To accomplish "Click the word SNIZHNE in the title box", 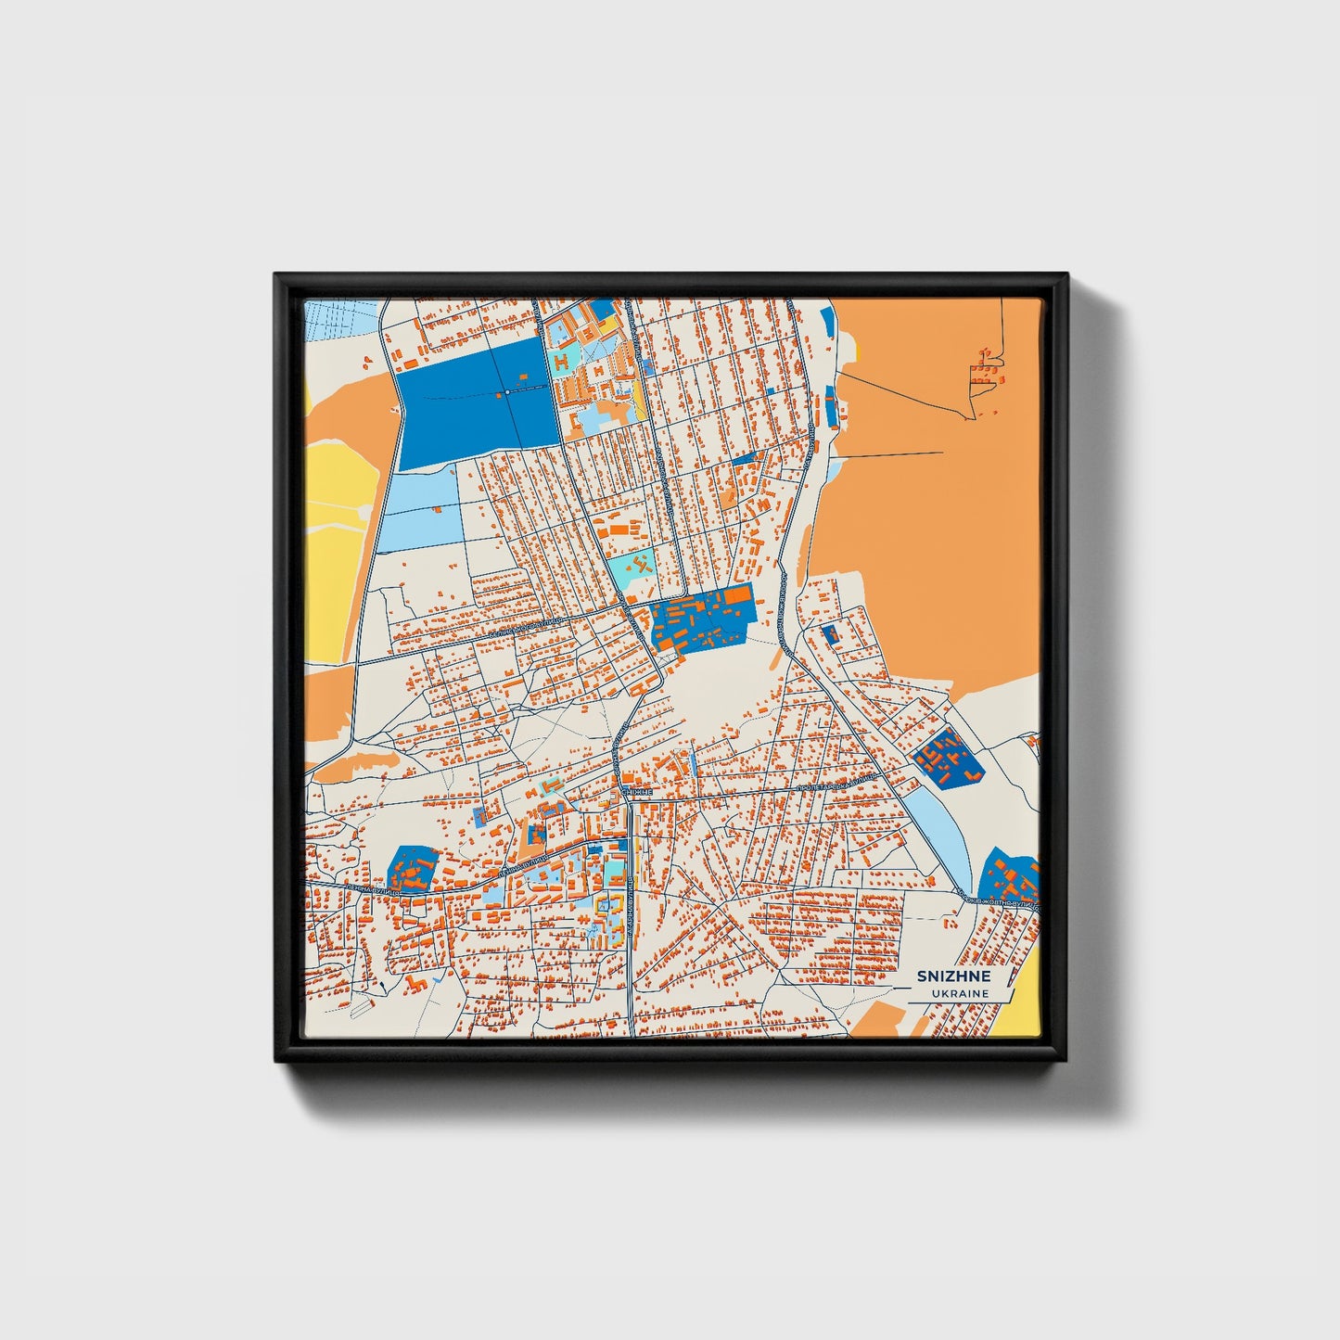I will tap(953, 976).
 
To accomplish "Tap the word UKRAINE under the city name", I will tap(961, 993).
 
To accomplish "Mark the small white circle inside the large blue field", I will tap(506, 392).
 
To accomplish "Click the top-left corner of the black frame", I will tap(275, 274).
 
